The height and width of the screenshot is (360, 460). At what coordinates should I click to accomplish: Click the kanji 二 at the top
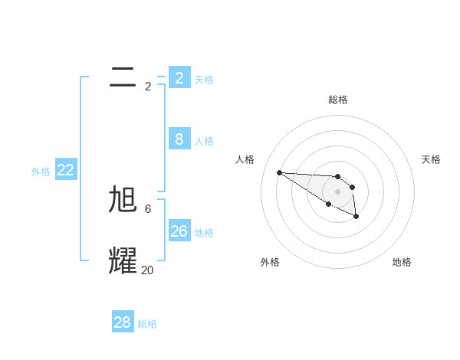(123, 77)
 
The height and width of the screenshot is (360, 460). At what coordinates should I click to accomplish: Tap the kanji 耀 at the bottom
(123, 261)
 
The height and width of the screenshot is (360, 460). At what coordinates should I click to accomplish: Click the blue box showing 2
(179, 78)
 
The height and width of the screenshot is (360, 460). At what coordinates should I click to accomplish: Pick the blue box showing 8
(179, 139)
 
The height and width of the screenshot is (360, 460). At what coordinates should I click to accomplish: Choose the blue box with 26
(179, 231)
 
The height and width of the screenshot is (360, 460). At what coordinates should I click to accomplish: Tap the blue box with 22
(65, 170)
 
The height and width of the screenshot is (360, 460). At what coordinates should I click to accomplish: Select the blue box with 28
(122, 322)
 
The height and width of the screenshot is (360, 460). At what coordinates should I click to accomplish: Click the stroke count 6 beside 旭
(148, 209)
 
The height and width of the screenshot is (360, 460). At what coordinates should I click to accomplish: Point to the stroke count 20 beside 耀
(147, 270)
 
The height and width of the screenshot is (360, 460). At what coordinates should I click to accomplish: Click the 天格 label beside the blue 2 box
(204, 80)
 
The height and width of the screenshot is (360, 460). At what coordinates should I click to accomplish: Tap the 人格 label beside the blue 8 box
(204, 141)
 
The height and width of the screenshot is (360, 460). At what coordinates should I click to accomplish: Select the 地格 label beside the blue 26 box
(204, 233)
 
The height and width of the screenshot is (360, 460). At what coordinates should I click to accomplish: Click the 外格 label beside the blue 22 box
(41, 172)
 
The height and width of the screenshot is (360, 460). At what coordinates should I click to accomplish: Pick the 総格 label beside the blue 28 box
(147, 324)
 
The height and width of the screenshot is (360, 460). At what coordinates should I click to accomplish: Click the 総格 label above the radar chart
(338, 100)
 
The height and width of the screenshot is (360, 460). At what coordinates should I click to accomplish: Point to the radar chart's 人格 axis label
(245, 159)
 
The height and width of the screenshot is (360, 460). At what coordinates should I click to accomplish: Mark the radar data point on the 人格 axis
(279, 172)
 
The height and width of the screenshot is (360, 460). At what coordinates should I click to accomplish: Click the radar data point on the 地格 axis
(356, 217)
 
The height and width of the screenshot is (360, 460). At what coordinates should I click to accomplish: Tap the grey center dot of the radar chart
(338, 191)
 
